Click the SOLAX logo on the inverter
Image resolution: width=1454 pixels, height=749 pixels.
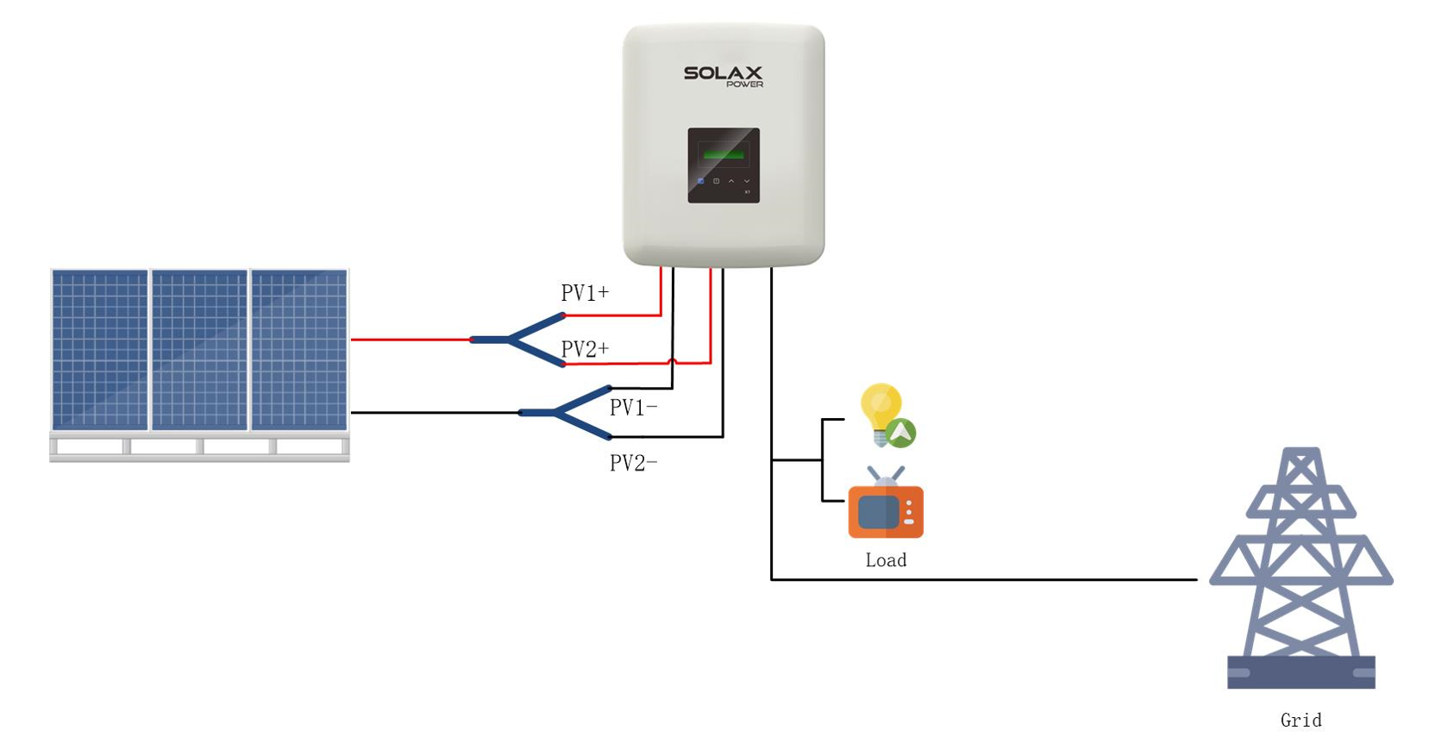pos(723,74)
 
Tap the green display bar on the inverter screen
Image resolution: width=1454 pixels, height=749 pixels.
pos(724,154)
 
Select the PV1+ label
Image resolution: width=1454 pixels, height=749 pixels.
pos(585,293)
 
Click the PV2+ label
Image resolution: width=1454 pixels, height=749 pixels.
pos(585,349)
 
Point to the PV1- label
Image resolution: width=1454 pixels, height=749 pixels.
pos(633,408)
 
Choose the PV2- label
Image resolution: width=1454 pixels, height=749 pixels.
pos(633,464)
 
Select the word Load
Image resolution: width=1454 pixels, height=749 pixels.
pos(886,560)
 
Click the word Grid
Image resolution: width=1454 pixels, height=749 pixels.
pos(1300,721)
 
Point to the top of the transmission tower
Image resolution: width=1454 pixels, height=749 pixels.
pos(1301,453)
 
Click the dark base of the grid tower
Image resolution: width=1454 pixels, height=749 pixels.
pos(1300,672)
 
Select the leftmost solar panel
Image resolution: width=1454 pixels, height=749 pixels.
pos(100,350)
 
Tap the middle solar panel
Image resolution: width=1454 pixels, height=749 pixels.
pos(199,350)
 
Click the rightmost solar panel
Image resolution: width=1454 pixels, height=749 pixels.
pos(299,350)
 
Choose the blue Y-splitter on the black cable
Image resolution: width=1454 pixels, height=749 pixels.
pos(561,413)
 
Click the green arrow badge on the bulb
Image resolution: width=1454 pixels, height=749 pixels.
pos(900,433)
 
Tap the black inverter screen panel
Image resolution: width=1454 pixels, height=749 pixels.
pos(724,165)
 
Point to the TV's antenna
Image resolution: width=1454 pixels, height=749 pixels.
pos(886,475)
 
